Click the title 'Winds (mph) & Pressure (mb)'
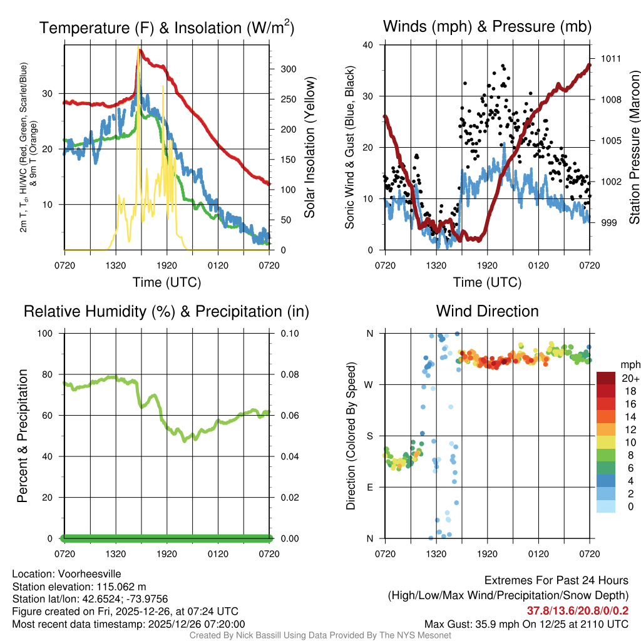pos(487,27)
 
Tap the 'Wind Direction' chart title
pos(487,311)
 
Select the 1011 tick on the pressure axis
pos(611,59)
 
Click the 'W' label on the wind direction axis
pos(370,385)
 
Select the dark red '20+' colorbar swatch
pos(606,379)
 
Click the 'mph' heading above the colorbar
pos(628,364)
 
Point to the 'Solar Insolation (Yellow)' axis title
pos(309,148)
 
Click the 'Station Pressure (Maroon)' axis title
pos(634,148)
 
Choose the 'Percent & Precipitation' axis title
pos(22,436)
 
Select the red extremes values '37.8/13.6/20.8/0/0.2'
pos(577,611)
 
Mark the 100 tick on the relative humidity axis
pos(49,334)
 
